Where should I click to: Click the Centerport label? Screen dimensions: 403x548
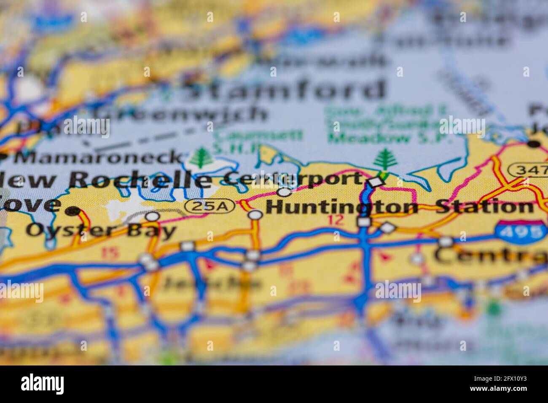click(x=291, y=179)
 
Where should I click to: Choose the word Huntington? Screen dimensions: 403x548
click(x=342, y=207)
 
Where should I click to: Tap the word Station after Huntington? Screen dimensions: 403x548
click(x=484, y=207)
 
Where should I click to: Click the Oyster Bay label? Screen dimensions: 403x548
click(x=101, y=230)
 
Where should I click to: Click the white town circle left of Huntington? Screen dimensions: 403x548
click(x=255, y=215)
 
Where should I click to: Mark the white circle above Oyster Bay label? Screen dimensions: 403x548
click(x=152, y=216)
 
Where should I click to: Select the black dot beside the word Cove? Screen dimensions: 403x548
click(x=74, y=211)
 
